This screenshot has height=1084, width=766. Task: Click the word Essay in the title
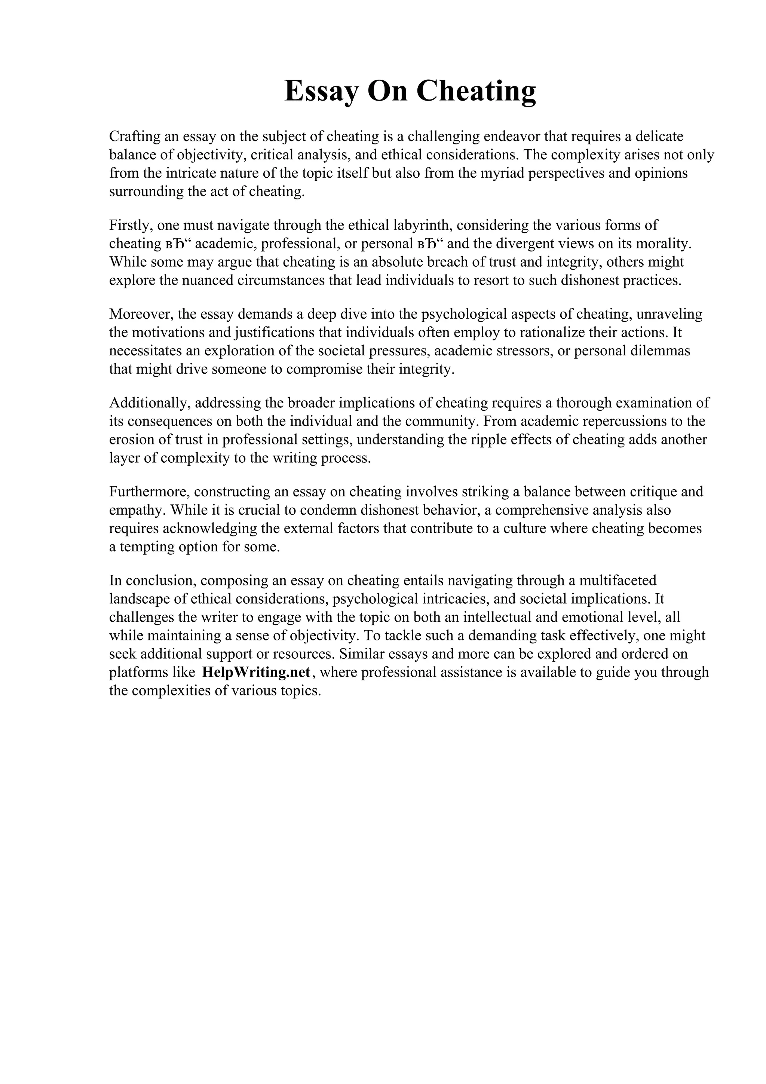tap(322, 91)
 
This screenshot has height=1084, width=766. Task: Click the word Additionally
tap(150, 403)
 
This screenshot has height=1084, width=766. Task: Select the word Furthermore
tap(150, 492)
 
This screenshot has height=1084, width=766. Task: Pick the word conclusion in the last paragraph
tap(158, 580)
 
